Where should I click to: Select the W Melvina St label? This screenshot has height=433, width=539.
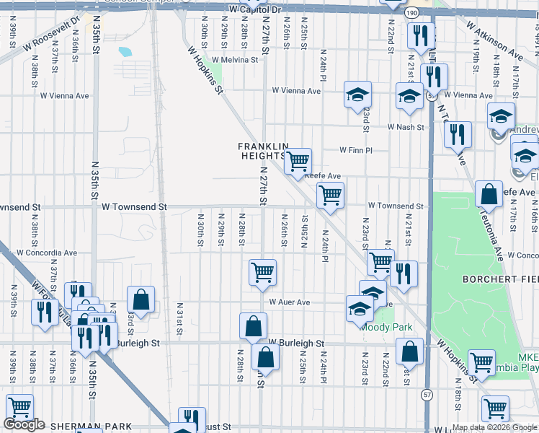tap(234, 60)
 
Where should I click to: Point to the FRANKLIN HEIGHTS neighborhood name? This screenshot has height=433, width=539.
tap(263, 151)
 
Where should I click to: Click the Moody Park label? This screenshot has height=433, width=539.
tap(393, 327)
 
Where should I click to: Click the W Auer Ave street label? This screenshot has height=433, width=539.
tap(289, 302)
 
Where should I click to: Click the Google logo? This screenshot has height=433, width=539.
tap(24, 424)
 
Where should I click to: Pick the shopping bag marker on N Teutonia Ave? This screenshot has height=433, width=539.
tap(489, 194)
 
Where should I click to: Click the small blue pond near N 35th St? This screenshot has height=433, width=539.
tap(125, 52)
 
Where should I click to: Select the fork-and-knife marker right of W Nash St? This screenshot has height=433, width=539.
tap(458, 133)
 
